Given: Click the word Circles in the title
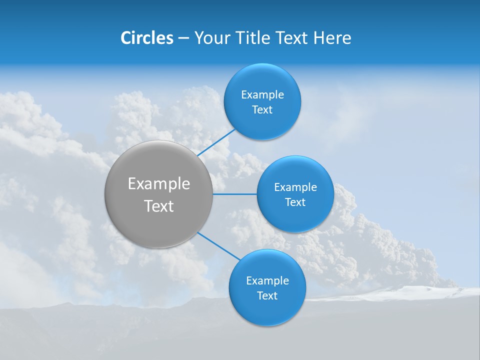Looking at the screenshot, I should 147,38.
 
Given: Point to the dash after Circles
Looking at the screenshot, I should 183,38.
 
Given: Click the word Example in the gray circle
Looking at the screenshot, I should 159,184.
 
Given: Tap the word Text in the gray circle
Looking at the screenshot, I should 159,206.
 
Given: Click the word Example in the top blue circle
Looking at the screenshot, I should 262,95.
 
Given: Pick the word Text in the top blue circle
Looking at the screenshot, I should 262,110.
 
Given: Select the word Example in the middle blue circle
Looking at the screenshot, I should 295,187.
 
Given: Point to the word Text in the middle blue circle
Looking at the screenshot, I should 295,202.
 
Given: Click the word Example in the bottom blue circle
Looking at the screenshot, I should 267,281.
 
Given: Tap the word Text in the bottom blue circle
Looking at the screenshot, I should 267,296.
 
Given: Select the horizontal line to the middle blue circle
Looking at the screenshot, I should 235,194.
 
